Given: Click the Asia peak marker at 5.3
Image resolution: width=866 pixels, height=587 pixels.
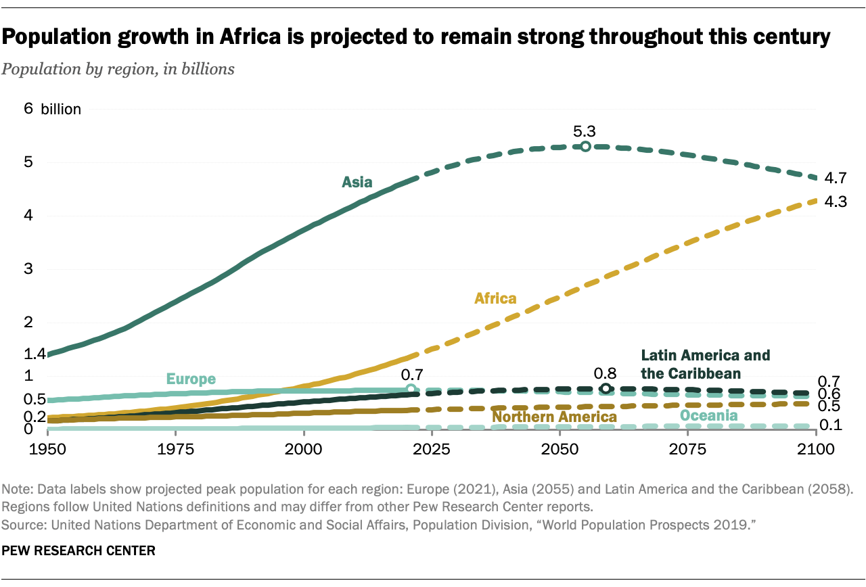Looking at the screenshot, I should click(585, 147).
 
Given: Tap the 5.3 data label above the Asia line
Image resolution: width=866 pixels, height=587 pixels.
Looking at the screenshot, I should click(585, 131).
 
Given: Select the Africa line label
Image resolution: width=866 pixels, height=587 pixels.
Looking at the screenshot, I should click(495, 298).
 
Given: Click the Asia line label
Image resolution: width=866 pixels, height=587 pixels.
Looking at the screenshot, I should click(357, 181).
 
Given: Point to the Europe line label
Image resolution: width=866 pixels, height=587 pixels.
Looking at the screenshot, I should click(191, 379).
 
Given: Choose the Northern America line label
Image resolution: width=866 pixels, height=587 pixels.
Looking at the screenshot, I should click(554, 417).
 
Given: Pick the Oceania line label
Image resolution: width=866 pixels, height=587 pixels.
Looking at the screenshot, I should click(708, 415).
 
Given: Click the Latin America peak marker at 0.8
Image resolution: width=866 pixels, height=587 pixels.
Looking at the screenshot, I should click(606, 388).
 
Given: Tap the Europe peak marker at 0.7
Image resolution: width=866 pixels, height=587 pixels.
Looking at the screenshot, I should click(411, 389).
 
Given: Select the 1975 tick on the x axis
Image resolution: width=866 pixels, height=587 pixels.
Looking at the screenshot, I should click(175, 448).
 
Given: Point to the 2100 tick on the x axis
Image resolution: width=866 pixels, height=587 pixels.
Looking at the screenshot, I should click(817, 448).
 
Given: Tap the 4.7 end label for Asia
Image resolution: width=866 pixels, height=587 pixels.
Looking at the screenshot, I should click(837, 179).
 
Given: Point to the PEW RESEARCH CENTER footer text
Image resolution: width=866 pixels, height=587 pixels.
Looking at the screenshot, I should click(78, 551).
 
